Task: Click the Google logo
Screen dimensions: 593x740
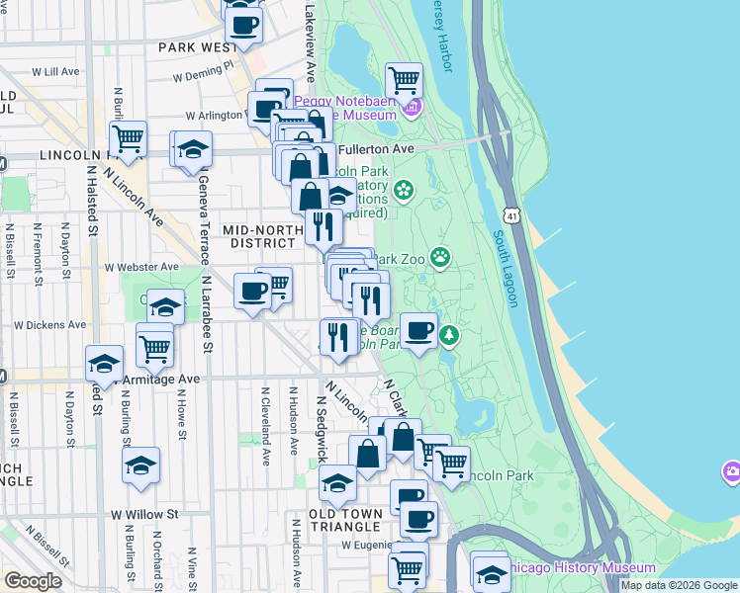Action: [x=33, y=581]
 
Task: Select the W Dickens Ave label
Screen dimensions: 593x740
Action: [x=49, y=324]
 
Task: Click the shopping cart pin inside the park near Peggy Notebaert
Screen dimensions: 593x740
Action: [x=404, y=79]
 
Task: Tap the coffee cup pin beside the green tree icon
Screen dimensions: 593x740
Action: [x=419, y=330]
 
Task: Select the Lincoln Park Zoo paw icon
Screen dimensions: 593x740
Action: [x=440, y=259]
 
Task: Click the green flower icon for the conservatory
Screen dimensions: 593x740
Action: [x=404, y=189]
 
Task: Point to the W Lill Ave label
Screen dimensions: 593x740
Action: [x=55, y=72]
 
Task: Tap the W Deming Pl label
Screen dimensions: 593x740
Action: [x=203, y=71]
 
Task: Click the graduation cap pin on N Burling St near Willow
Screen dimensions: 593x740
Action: [x=140, y=465]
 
